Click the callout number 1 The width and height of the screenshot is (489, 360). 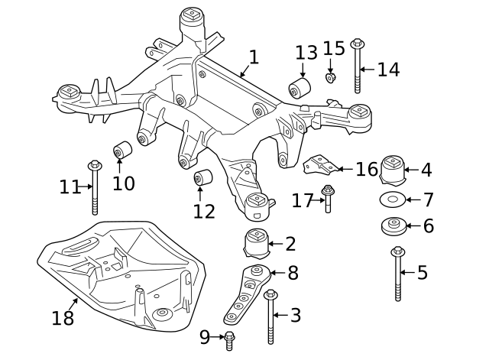click(x=254, y=57)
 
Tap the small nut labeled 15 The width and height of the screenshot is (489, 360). click(x=331, y=77)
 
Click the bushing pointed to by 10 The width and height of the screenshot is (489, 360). click(x=121, y=151)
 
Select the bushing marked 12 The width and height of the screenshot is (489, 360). click(x=202, y=178)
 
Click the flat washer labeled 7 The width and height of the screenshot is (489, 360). click(x=391, y=200)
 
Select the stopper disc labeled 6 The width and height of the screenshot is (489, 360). click(x=391, y=227)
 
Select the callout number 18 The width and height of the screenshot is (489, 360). click(x=63, y=317)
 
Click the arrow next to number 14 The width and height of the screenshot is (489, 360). click(x=368, y=70)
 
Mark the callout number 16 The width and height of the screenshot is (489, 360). click(x=366, y=169)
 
